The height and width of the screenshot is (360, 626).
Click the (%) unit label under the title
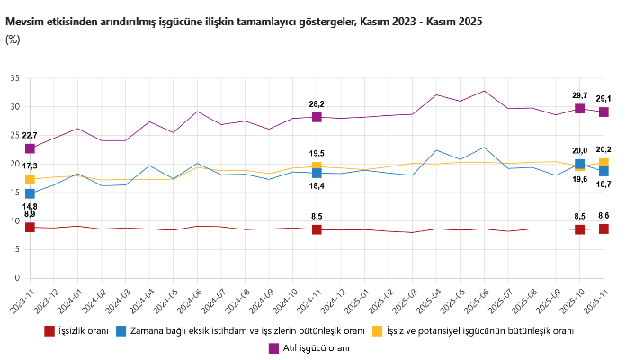pyautogui.click(x=13, y=39)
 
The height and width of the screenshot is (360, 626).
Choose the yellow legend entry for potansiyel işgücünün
pyautogui.click(x=471, y=330)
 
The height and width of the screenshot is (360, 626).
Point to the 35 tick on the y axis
pyautogui.click(x=13, y=78)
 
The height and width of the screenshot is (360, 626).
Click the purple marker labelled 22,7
pyautogui.click(x=30, y=148)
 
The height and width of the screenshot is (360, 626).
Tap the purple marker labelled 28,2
pyautogui.click(x=317, y=117)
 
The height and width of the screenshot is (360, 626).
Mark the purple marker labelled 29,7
pyautogui.click(x=579, y=109)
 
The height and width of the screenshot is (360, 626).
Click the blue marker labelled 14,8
pyautogui.click(x=30, y=193)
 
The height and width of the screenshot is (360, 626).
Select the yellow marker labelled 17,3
pyautogui.click(x=30, y=180)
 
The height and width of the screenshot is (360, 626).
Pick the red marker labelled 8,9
pyautogui.click(x=30, y=228)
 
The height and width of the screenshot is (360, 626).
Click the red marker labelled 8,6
pyautogui.click(x=604, y=229)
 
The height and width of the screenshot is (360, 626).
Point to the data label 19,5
pyautogui.click(x=317, y=154)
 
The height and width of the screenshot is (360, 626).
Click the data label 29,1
pyautogui.click(x=604, y=99)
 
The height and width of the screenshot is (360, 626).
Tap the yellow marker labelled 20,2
pyautogui.click(x=604, y=164)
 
